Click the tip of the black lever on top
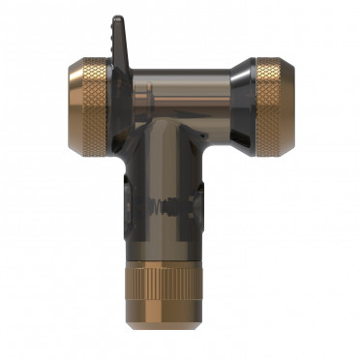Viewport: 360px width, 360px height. [117, 20]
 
